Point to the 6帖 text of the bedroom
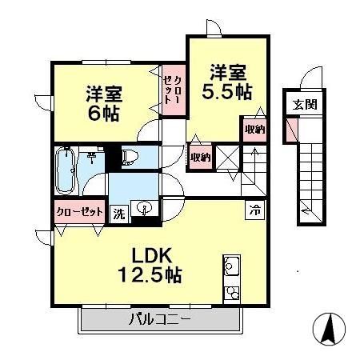[103, 113]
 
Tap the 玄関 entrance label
[303, 104]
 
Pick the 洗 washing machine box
[118, 214]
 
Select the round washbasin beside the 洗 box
[145, 210]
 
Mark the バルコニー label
[161, 322]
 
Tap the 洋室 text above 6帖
[103, 94]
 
